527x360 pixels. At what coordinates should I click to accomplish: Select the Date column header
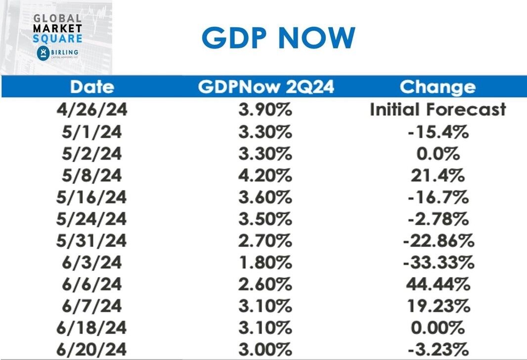click(92, 88)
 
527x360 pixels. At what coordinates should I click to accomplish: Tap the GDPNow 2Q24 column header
click(266, 88)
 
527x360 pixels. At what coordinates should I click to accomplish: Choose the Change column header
click(438, 88)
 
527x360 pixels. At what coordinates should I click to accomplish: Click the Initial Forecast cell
click(438, 109)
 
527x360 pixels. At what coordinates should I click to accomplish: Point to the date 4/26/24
click(92, 109)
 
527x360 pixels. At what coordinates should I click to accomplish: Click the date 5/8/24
click(92, 176)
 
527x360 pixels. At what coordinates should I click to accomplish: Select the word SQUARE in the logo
click(57, 38)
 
